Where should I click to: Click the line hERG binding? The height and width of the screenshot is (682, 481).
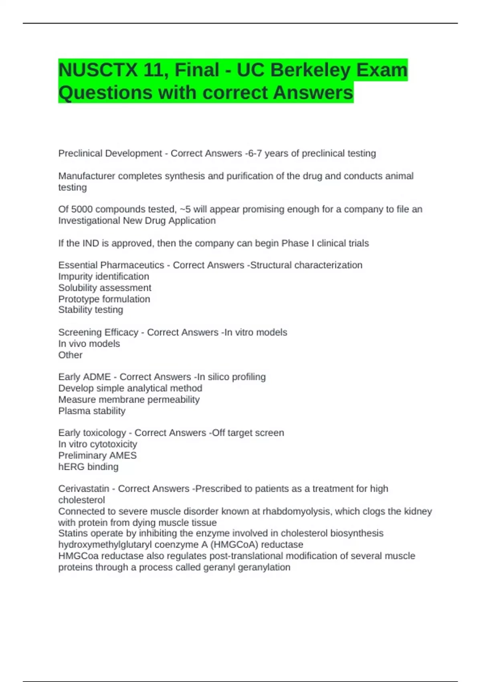tap(88, 467)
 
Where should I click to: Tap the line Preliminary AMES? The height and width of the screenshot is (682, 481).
tap(97, 455)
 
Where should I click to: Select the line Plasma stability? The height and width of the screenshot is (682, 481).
tap(92, 411)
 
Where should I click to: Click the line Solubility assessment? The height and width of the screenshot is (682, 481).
tap(105, 288)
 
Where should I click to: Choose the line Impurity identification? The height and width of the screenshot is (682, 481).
tap(103, 276)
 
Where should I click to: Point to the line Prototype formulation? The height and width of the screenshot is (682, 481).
tap(104, 299)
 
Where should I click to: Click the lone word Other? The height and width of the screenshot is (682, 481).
tap(70, 355)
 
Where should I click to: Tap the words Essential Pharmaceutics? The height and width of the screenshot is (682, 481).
tap(111, 265)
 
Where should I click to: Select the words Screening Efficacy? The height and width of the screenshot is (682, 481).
tap(98, 333)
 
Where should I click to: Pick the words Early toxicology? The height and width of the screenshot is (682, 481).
tap(92, 433)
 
